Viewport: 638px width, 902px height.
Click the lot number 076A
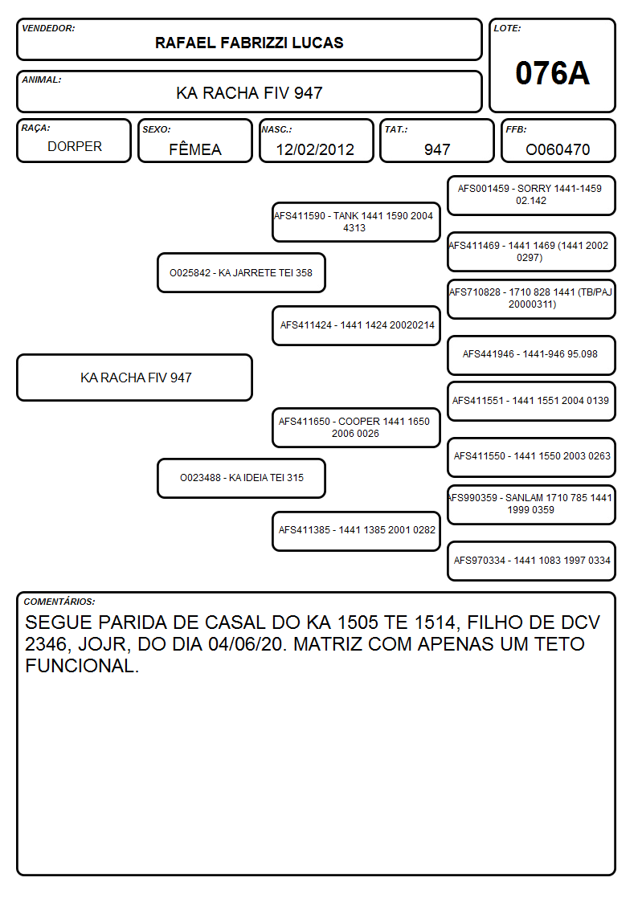[x=552, y=73]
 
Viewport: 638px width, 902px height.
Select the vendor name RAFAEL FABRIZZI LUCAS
[x=249, y=43]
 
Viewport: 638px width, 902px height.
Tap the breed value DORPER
[x=75, y=147]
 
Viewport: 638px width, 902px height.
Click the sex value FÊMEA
[x=195, y=149]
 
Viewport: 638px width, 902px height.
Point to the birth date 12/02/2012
[x=315, y=149]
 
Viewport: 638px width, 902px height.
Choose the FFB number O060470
[x=558, y=149]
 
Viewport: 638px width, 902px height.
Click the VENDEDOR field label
[x=48, y=28]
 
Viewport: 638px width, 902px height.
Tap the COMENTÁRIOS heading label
[x=59, y=602]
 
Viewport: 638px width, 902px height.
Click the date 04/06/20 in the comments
[x=247, y=643]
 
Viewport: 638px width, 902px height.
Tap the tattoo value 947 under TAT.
[x=437, y=149]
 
